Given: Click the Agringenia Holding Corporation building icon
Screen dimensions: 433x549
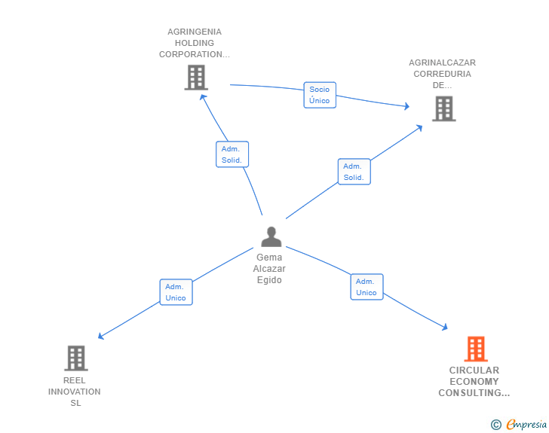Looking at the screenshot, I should (x=195, y=78).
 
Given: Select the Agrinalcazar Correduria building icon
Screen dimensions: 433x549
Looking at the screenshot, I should (x=443, y=108).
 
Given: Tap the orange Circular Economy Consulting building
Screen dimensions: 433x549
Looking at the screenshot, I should (x=475, y=349).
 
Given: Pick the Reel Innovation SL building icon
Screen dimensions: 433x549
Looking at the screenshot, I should (x=76, y=358).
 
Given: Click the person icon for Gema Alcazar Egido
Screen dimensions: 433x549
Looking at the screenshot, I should (x=271, y=236).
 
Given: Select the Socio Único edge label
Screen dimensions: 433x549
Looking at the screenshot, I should (x=319, y=95).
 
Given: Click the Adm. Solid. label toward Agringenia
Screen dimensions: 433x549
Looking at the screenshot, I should (x=231, y=154).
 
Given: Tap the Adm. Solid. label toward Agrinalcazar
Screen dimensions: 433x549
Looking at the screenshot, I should (x=353, y=172).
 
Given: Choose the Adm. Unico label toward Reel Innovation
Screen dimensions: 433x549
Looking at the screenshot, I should (x=176, y=292).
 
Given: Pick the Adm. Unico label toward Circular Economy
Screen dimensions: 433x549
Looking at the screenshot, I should (x=367, y=287).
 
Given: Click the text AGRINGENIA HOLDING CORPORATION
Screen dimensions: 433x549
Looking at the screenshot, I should (x=195, y=43).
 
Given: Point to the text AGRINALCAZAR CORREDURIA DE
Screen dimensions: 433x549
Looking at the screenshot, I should (x=442, y=74).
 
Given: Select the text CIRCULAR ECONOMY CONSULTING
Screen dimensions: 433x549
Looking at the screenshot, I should (x=474, y=382).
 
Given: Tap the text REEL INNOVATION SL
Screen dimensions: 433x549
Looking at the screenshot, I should (x=75, y=392).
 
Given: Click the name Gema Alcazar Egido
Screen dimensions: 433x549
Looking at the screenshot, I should (x=269, y=269).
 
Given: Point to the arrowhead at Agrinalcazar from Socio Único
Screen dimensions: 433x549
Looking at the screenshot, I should (x=407, y=107).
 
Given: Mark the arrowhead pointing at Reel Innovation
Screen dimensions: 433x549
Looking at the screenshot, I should (x=101, y=337).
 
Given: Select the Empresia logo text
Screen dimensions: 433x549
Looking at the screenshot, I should (x=526, y=425).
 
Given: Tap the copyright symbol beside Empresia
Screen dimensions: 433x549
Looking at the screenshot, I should (x=496, y=425).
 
